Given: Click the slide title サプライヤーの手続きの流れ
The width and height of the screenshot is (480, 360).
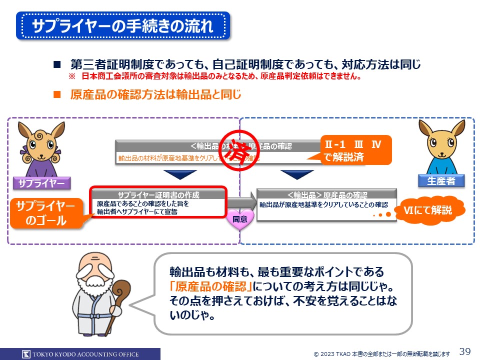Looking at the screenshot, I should pyautogui.click(x=123, y=26).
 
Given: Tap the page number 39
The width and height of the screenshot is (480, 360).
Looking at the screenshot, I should pyautogui.click(x=465, y=351).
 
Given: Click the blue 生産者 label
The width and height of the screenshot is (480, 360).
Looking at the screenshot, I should pyautogui.click(x=441, y=181).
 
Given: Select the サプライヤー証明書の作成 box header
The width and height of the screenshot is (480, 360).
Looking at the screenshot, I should pyautogui.click(x=158, y=195).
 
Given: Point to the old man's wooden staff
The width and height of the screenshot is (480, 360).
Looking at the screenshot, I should pyautogui.click(x=120, y=305).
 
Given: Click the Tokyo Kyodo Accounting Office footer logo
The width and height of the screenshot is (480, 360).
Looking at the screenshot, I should pyautogui.click(x=80, y=354).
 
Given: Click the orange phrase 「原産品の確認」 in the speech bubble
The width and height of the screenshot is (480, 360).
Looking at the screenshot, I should pyautogui.click(x=210, y=286).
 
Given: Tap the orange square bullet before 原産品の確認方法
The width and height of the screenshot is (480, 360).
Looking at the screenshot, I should pyautogui.click(x=56, y=94).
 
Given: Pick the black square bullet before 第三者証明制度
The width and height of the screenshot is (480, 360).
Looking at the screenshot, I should pyautogui.click(x=56, y=64).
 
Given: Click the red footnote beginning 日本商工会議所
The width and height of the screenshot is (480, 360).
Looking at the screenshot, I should pyautogui.click(x=220, y=77).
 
